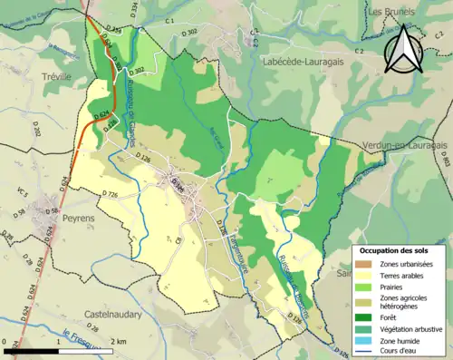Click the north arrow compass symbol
(404, 51)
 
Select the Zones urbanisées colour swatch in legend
(367, 263)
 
